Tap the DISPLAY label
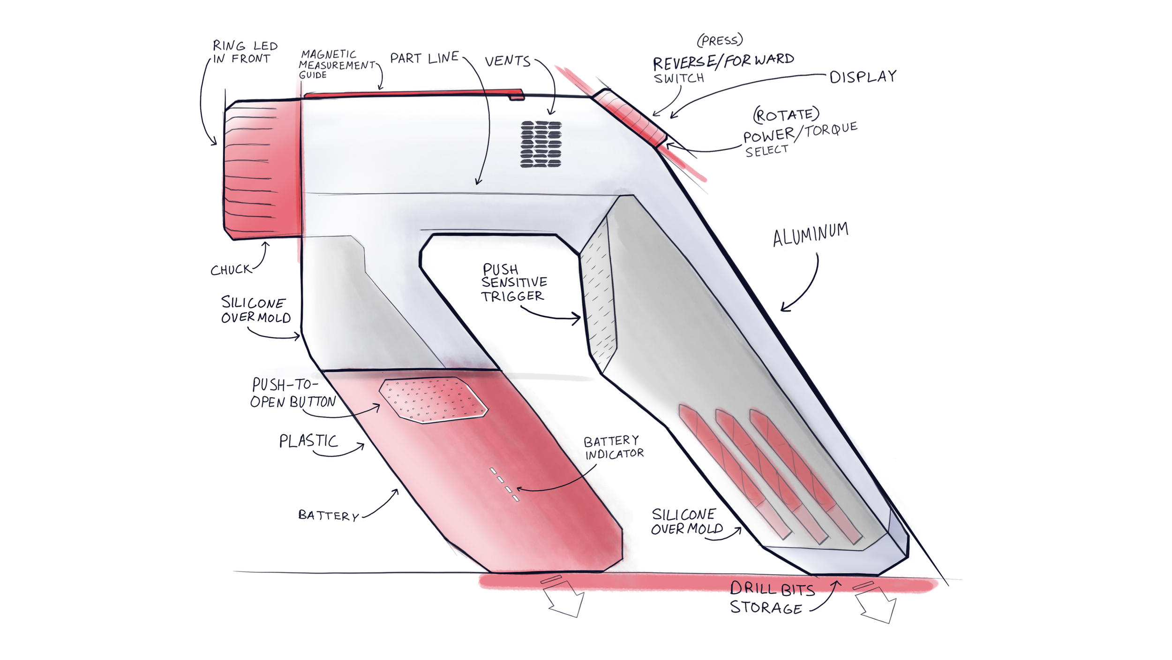tap(863, 76)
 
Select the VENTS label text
tap(507, 61)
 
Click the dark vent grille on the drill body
tap(541, 144)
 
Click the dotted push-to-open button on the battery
tap(433, 399)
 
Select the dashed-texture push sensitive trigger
tap(598, 300)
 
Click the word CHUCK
tap(231, 270)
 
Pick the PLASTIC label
tap(308, 441)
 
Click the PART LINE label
tap(424, 58)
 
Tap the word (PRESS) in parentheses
tap(720, 40)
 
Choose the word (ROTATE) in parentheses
tap(786, 114)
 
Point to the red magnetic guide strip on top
tap(413, 94)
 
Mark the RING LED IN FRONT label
tap(245, 52)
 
